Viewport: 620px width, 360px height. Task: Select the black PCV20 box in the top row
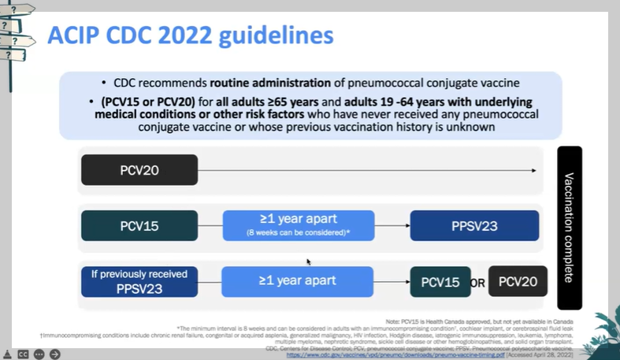point(139,170)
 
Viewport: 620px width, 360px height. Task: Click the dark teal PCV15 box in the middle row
point(139,226)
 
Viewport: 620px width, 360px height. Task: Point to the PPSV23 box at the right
point(474,226)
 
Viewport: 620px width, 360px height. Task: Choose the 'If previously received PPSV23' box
point(139,281)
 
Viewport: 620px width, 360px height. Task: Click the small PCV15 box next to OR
point(440,281)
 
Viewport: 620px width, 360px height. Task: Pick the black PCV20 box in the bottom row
point(518,281)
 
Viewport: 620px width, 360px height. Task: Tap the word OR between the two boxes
point(477,282)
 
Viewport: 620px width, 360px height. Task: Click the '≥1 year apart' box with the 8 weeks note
point(299,225)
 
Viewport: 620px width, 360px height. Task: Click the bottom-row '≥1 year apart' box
point(299,280)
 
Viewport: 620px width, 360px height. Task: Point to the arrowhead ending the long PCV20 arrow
point(535,170)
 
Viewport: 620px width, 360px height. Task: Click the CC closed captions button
point(24,354)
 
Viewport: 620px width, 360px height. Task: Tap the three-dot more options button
point(39,354)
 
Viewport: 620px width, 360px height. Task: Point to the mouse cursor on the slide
point(309,262)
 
